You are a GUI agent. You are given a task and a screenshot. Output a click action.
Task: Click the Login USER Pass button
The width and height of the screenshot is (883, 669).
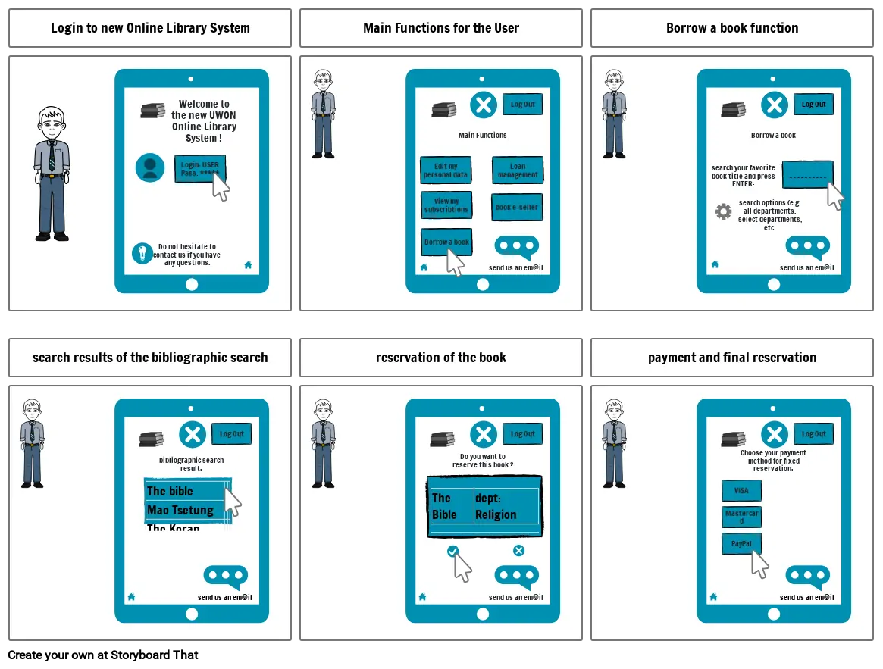[199, 168]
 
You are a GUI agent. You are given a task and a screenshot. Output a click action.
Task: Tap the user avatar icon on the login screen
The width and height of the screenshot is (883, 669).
[150, 167]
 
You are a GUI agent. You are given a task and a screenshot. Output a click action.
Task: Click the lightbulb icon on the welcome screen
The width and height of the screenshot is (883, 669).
[142, 253]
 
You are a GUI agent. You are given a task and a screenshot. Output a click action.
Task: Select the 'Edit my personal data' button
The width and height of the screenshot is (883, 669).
[446, 170]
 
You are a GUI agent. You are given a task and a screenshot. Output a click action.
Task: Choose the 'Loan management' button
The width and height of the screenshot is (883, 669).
[517, 170]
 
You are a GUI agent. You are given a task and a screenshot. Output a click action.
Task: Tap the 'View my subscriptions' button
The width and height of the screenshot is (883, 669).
[446, 205]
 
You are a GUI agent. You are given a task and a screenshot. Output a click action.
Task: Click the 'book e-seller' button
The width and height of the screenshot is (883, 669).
[517, 207]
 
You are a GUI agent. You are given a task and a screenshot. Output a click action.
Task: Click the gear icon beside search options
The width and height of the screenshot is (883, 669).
[724, 211]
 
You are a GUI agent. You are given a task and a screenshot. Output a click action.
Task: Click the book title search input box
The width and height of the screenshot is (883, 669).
[807, 174]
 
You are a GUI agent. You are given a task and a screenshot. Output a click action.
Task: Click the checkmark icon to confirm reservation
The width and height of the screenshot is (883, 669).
[452, 551]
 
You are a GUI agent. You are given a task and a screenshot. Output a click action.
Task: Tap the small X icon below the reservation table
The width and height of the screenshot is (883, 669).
[518, 551]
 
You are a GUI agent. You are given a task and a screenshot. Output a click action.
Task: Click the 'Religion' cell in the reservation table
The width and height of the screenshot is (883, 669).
[496, 514]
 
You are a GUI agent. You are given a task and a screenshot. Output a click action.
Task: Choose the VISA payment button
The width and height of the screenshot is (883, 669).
[741, 490]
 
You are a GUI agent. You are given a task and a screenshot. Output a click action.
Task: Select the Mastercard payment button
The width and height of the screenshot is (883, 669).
[741, 517]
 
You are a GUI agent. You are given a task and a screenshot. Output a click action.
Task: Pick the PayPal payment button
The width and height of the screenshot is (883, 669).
[741, 544]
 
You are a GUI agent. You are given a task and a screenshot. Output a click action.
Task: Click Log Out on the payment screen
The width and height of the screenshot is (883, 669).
[813, 434]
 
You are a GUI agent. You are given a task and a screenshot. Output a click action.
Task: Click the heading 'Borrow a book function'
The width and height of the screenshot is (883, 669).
[732, 28]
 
